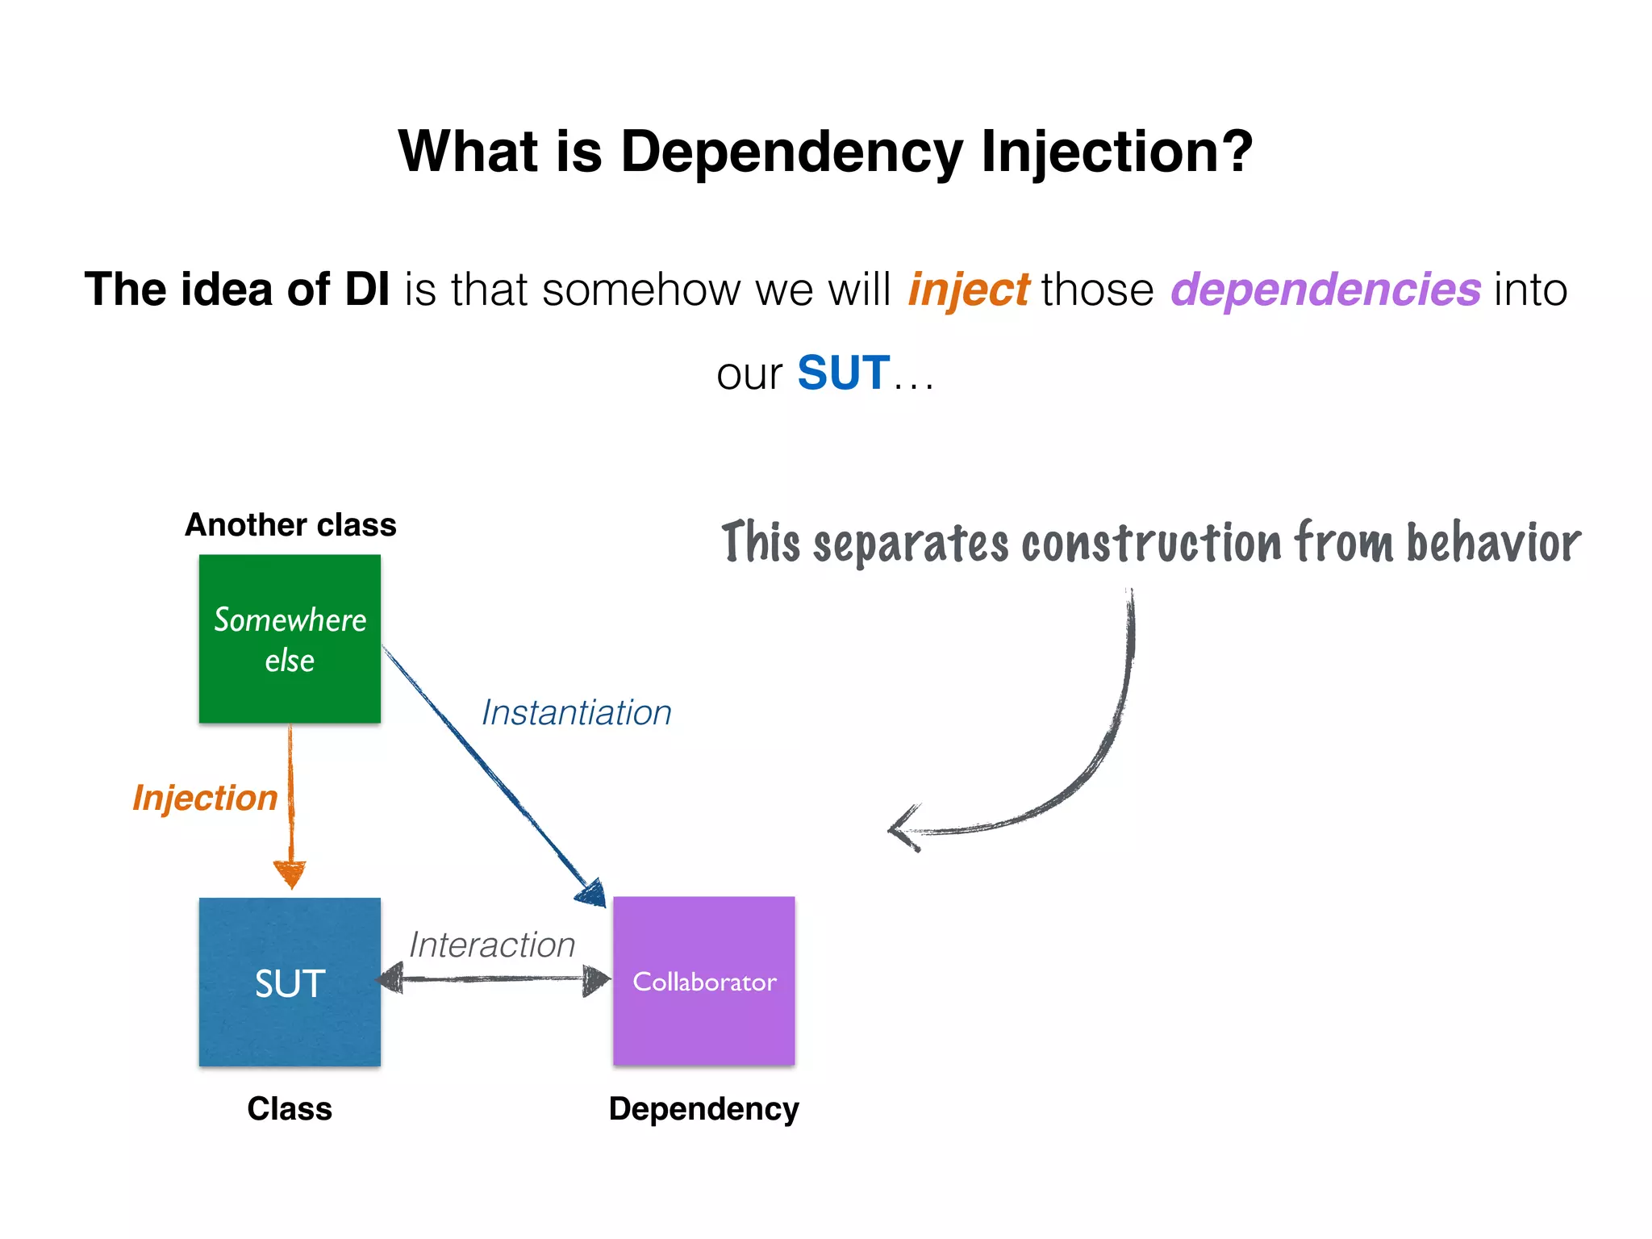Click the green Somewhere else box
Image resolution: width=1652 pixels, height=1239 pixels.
(x=290, y=639)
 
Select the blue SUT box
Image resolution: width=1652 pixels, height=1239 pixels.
(x=290, y=982)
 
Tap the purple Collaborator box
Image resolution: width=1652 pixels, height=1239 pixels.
(x=703, y=981)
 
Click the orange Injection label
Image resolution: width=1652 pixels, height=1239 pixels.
(x=205, y=798)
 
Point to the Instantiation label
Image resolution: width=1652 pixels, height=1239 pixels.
(x=576, y=713)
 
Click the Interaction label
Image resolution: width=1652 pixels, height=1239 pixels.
(x=491, y=945)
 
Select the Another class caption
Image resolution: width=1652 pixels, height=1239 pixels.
(x=290, y=525)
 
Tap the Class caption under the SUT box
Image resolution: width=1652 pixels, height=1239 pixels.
(x=290, y=1109)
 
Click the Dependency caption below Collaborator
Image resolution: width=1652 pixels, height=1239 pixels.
(x=703, y=1109)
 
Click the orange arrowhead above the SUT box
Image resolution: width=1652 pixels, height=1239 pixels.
(x=290, y=874)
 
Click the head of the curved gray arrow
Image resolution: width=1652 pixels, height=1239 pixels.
(x=902, y=829)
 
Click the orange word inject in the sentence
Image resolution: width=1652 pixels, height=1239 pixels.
(x=968, y=290)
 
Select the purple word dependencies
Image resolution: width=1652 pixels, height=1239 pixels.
(x=1325, y=290)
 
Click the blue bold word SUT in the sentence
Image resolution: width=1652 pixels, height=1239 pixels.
(x=843, y=373)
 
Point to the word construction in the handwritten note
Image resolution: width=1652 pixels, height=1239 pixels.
(x=1152, y=543)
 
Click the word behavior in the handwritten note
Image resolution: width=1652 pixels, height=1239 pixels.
(x=1493, y=543)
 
